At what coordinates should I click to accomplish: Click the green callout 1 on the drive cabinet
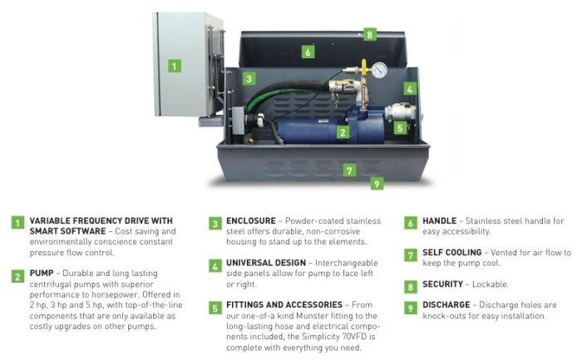pos(175,66)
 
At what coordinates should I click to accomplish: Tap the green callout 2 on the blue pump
pos(343,132)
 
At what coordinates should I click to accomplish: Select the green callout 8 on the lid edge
pos(370,35)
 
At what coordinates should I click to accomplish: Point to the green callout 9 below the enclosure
pos(377,184)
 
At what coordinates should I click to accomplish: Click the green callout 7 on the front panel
pos(349,170)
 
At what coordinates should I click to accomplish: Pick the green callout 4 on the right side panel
pos(410,89)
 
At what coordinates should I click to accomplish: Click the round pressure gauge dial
pos(379,70)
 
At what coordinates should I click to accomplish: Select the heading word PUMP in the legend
pos(42,274)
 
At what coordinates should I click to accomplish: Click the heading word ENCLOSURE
pos(251,221)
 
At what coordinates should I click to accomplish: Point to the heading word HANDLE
pos(440,221)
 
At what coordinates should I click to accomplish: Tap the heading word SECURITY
pos(443,284)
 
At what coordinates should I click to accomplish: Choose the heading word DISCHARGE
pos(446,304)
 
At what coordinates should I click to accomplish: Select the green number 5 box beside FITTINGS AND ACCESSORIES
pos(215,308)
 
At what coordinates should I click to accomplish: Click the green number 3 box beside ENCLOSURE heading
pos(215,224)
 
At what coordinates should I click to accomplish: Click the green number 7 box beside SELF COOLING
pos(411,255)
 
